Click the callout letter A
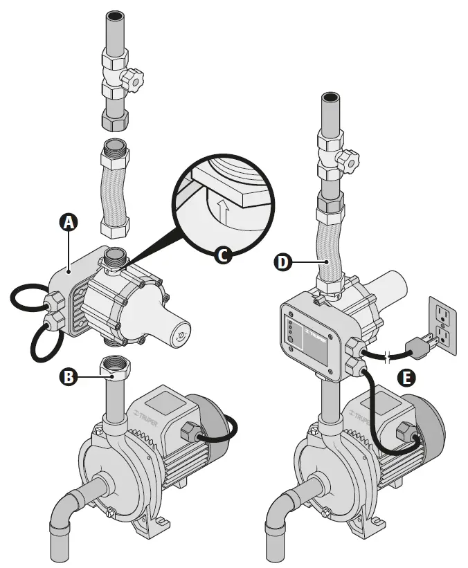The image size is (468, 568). point(68,222)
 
